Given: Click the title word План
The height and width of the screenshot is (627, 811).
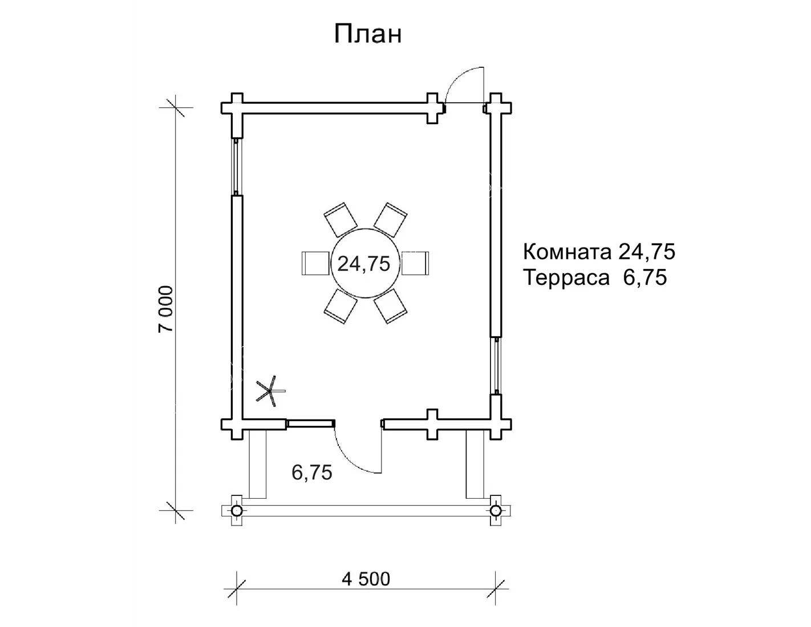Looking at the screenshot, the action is [x=368, y=34].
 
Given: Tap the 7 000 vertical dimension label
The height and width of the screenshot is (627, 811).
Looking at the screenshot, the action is [x=165, y=309].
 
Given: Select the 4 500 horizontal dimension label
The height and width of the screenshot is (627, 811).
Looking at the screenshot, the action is [x=366, y=579].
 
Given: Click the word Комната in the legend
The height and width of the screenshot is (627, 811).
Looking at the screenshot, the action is [x=567, y=251].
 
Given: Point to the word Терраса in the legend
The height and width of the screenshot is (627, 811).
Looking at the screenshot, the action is [x=566, y=278].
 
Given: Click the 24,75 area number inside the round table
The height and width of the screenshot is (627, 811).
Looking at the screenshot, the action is [x=364, y=264].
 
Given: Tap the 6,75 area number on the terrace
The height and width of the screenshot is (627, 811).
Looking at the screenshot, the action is [x=311, y=473].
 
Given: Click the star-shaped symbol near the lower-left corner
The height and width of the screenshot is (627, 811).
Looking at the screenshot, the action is [x=269, y=391].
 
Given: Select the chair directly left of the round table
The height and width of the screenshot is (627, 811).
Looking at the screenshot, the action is [x=316, y=263].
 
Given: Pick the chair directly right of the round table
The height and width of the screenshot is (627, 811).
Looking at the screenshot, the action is [x=415, y=263].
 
